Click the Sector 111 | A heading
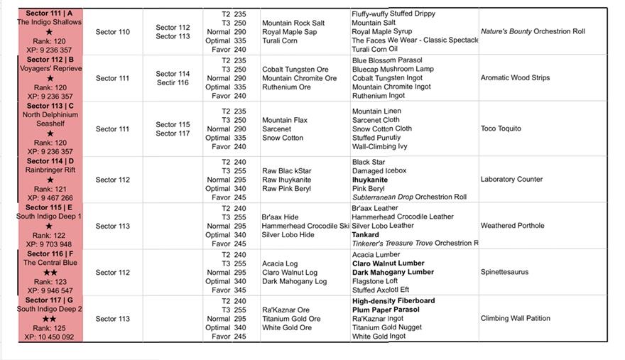pos(50,13)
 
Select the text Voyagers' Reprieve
pos(50,69)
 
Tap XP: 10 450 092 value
pos(49,337)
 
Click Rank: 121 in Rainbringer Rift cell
pos(49,190)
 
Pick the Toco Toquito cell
pos(501,129)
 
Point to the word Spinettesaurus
pos(504,272)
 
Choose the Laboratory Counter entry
pos(511,180)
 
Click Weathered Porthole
pos(512,226)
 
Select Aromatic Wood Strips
pos(515,78)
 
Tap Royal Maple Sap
pos(289,32)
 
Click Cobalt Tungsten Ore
pos(295,70)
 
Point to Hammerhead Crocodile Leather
pos(402,217)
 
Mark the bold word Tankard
pos(365,235)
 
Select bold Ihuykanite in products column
pos(371,180)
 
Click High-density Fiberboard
pos(393,301)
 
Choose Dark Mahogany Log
pos(294,281)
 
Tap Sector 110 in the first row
pos(113,32)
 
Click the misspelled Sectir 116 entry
pos(173,83)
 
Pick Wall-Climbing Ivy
pos(380,147)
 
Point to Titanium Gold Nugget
pos(387,327)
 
